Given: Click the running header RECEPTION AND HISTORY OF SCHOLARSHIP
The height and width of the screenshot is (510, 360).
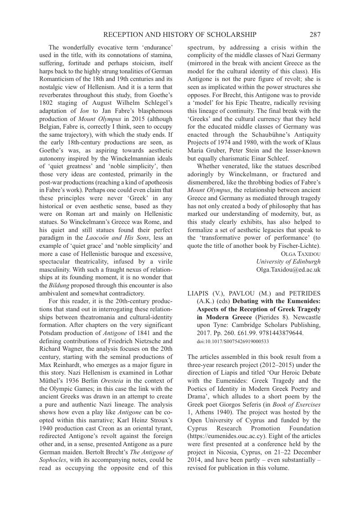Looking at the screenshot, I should pyautogui.click(x=180, y=35).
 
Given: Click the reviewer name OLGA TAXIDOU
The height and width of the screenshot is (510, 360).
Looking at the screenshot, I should pyautogui.click(x=301, y=253).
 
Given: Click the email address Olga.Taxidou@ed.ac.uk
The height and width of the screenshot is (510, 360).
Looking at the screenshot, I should pyautogui.click(x=288, y=269).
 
